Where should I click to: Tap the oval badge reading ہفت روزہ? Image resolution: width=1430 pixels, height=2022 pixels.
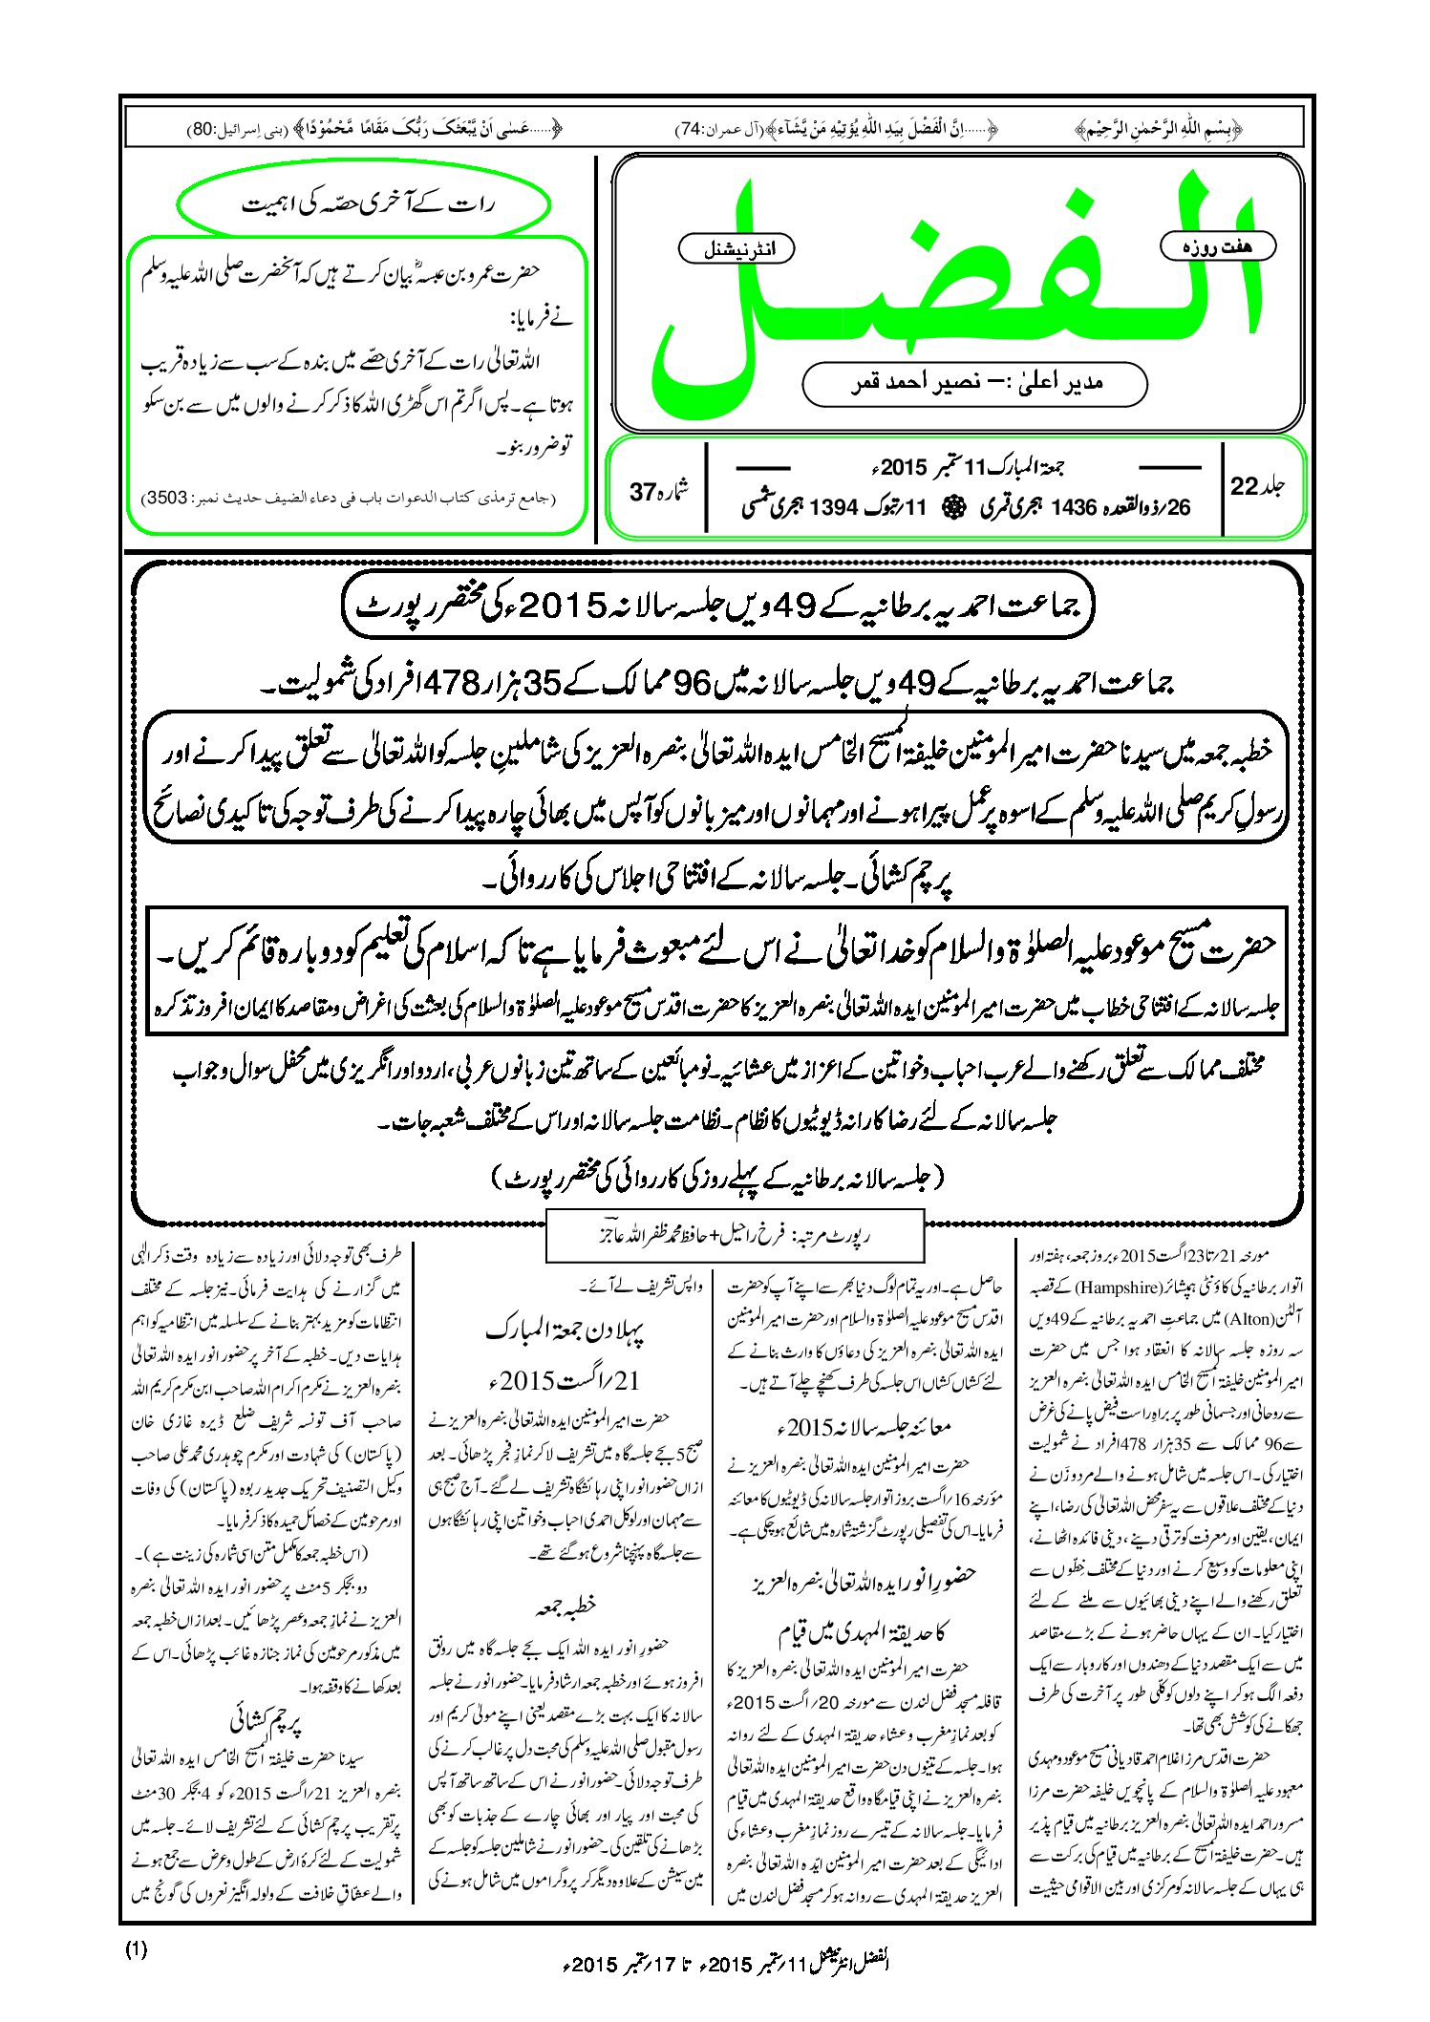coord(1217,246)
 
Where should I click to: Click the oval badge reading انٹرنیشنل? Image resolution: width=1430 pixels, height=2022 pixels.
coord(736,250)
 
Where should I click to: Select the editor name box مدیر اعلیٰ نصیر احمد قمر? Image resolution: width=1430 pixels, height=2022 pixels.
coord(974,384)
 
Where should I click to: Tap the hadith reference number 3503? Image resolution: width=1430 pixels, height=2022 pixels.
coord(168,499)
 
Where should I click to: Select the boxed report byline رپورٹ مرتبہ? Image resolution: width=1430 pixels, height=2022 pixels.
coord(735,1235)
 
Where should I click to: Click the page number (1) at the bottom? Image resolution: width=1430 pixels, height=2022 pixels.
coord(136,1950)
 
